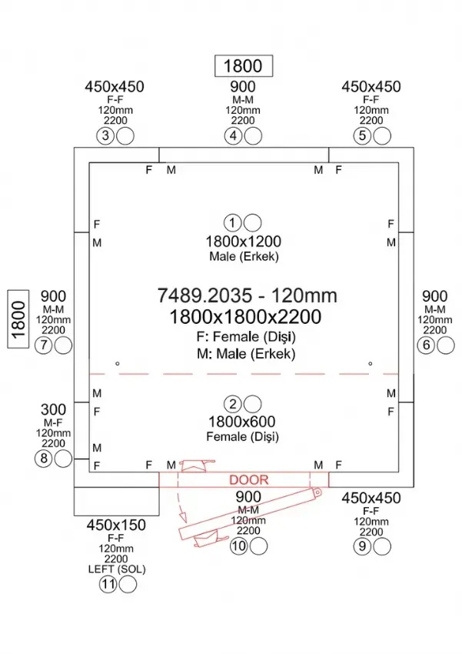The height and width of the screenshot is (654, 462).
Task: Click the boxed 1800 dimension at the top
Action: [242, 66]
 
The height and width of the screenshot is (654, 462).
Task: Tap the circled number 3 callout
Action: [106, 135]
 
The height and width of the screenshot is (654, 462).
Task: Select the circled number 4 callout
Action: [234, 135]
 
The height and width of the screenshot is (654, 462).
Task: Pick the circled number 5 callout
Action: [362, 135]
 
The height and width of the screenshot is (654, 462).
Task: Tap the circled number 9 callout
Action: [362, 546]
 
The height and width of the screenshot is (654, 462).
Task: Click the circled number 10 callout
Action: [238, 546]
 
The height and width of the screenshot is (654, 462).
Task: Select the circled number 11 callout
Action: [108, 585]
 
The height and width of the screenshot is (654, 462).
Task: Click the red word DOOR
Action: [249, 480]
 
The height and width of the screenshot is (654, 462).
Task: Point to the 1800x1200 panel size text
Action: [243, 240]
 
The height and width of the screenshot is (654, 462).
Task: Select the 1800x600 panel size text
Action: [243, 422]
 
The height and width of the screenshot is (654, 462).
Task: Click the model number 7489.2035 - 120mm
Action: [246, 295]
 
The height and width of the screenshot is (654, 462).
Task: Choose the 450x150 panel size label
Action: [116, 526]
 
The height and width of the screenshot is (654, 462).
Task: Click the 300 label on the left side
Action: [53, 409]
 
